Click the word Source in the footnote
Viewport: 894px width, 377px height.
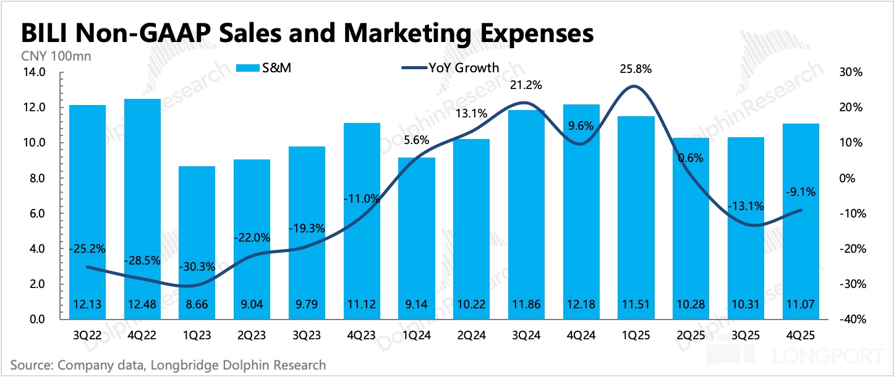point(31,365)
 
